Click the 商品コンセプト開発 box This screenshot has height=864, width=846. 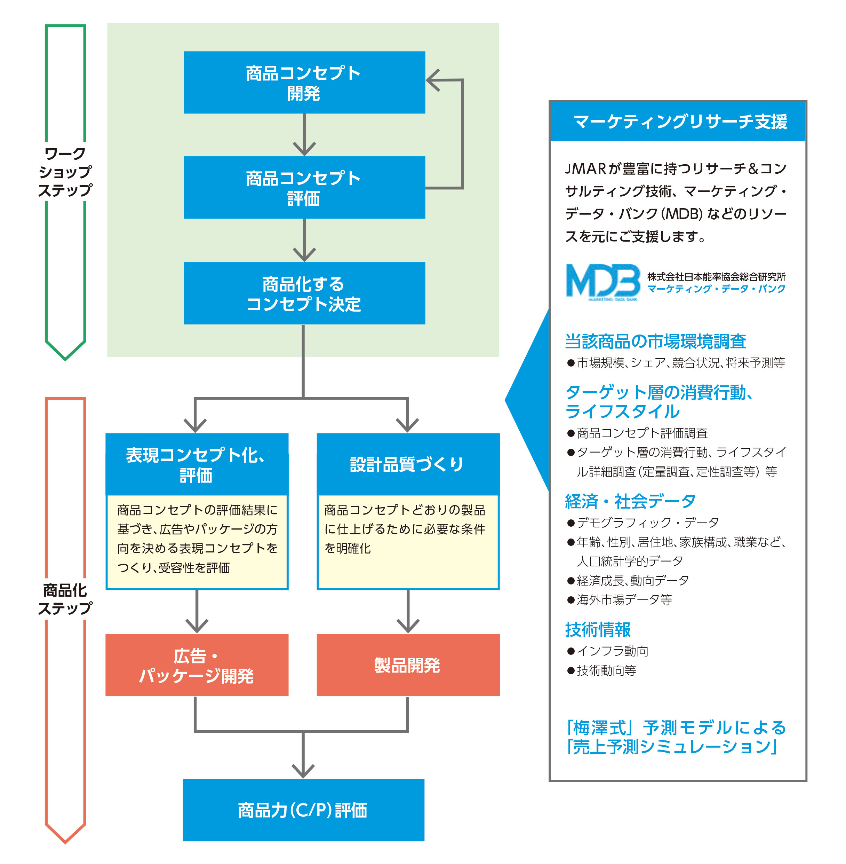click(x=304, y=83)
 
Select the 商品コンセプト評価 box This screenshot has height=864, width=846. click(x=304, y=187)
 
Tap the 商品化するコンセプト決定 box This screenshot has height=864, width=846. click(x=304, y=293)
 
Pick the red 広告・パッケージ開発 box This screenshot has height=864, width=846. click(x=197, y=665)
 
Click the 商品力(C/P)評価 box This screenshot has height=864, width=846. click(x=303, y=810)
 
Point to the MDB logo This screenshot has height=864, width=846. click(x=602, y=282)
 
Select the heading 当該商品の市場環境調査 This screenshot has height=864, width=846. click(x=655, y=341)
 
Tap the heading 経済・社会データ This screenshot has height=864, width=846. click(x=630, y=501)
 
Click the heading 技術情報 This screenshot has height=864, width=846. click(x=598, y=629)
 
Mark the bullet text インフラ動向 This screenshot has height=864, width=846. click(x=612, y=651)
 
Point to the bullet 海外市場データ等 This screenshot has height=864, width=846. click(x=624, y=600)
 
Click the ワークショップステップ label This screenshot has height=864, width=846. click(x=65, y=172)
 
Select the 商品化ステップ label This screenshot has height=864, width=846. click(x=65, y=599)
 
